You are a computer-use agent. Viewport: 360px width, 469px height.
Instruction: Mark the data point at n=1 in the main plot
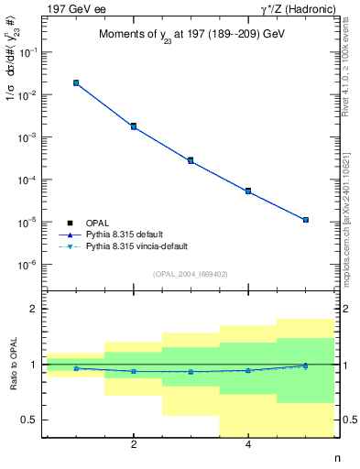click(76, 82)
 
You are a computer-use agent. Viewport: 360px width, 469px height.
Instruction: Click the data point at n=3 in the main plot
click(191, 160)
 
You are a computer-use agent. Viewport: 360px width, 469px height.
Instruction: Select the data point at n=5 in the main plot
click(305, 220)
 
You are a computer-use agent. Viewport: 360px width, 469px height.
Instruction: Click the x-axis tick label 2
click(134, 446)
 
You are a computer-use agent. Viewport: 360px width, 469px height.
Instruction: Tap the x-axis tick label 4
click(248, 446)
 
